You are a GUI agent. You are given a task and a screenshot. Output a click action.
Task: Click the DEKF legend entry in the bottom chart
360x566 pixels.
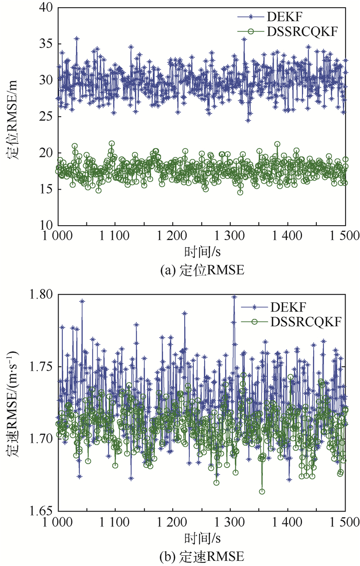(x=287, y=308)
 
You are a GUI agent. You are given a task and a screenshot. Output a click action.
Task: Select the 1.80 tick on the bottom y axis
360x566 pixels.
(x=40, y=295)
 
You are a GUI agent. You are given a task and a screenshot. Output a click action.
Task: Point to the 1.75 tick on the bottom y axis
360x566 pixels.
(x=40, y=367)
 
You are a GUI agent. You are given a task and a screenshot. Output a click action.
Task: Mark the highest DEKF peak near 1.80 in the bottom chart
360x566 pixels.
(x=234, y=297)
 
